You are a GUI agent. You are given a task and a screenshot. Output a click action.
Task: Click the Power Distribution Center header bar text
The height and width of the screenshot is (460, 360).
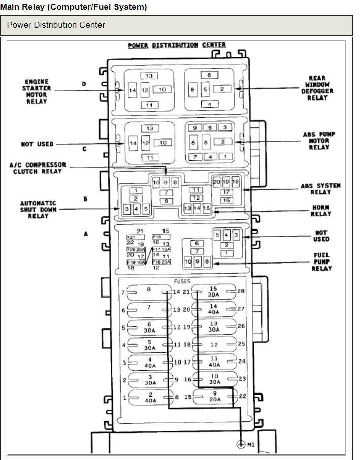tap(56, 25)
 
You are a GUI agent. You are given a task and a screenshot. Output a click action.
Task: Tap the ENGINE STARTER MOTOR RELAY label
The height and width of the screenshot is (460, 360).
tap(37, 91)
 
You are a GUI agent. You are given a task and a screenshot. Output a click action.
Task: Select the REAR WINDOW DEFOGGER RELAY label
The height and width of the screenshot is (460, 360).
tap(317, 88)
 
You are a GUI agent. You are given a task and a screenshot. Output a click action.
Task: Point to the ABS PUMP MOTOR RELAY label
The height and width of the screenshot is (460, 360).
tap(319, 141)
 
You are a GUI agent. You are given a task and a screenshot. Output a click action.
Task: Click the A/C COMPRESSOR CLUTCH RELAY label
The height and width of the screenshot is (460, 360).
tap(38, 168)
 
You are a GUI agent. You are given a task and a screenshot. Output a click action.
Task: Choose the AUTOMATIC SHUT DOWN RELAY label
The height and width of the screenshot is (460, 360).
tap(38, 209)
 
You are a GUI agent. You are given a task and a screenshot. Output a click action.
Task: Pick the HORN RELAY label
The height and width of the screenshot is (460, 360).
tap(321, 211)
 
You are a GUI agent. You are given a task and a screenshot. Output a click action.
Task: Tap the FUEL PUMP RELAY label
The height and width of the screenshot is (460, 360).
tap(321, 261)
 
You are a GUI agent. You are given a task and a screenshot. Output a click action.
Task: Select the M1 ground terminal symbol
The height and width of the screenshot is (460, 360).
tap(241, 445)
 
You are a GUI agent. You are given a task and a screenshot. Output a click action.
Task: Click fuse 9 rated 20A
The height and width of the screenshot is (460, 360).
tap(214, 397)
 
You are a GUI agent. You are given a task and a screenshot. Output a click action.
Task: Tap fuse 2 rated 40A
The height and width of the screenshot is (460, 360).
tap(150, 397)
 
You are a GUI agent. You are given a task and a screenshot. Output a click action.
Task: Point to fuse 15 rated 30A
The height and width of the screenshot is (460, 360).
tap(214, 292)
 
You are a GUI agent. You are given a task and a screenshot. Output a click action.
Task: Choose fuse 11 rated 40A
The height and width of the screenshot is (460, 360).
tap(214, 362)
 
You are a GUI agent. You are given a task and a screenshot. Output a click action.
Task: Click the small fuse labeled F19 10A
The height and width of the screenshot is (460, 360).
tap(136, 262)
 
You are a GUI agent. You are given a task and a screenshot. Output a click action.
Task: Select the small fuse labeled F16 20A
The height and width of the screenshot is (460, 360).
tap(161, 262)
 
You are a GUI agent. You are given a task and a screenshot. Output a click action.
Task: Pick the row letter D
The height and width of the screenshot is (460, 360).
tap(84, 84)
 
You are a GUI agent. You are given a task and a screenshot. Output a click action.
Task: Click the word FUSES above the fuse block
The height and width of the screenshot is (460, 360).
tap(181, 281)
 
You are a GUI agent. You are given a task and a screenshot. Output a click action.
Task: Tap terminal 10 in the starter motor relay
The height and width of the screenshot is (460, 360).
tap(162, 90)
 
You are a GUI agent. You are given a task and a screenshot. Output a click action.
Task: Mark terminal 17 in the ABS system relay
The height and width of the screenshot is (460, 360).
tap(226, 192)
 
